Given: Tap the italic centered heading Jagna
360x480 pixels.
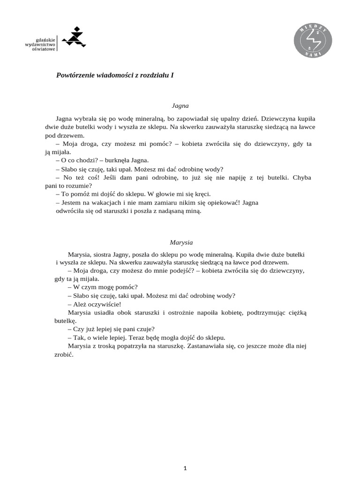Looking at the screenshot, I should (x=180, y=106).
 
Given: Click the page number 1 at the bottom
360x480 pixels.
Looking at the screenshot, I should (x=186, y=468).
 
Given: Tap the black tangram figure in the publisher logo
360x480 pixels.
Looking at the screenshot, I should (x=74, y=37).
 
